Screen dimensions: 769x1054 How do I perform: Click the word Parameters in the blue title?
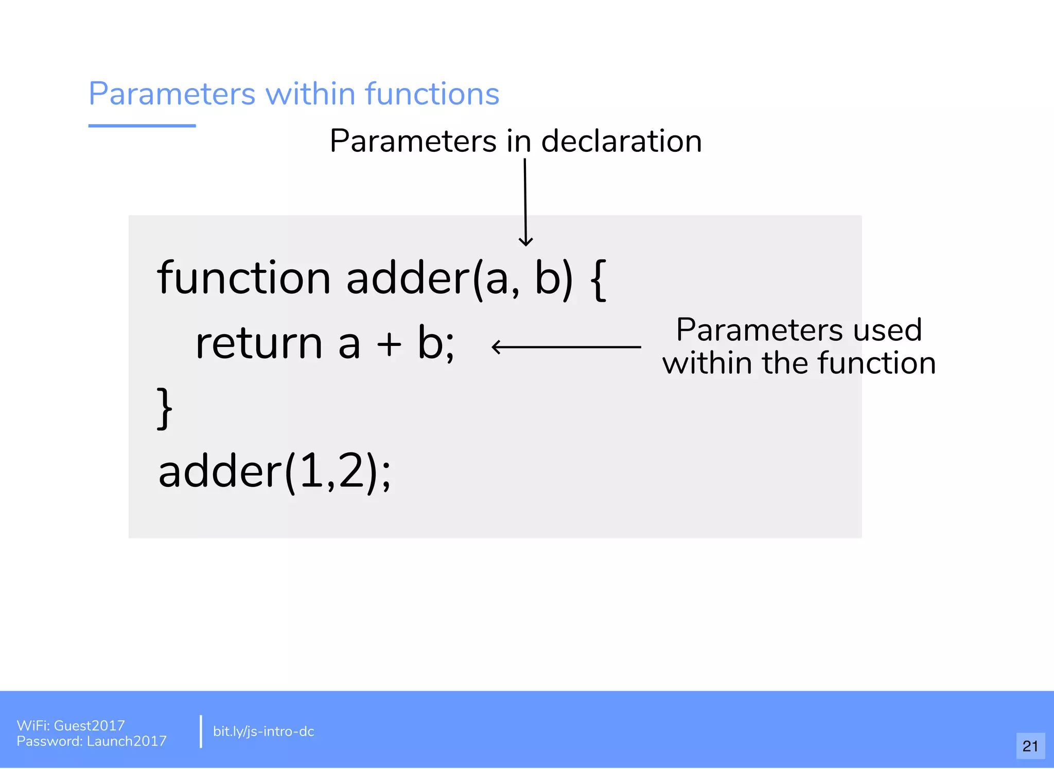click(172, 94)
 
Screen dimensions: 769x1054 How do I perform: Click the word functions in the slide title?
click(432, 94)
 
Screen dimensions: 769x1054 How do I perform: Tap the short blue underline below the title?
click(142, 126)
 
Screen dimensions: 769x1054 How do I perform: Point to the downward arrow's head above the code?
click(525, 242)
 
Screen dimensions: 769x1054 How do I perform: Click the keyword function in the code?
click(243, 278)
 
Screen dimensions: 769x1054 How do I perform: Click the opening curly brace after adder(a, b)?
click(599, 279)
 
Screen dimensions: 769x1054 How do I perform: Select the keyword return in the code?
click(259, 343)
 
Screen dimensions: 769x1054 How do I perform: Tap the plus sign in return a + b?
click(389, 344)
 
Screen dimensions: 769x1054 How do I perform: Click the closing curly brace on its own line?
click(164, 409)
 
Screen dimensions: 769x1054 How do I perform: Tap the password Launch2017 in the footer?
click(127, 741)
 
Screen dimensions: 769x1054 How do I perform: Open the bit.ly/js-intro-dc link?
click(263, 731)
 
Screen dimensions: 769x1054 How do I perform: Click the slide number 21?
click(1030, 746)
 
